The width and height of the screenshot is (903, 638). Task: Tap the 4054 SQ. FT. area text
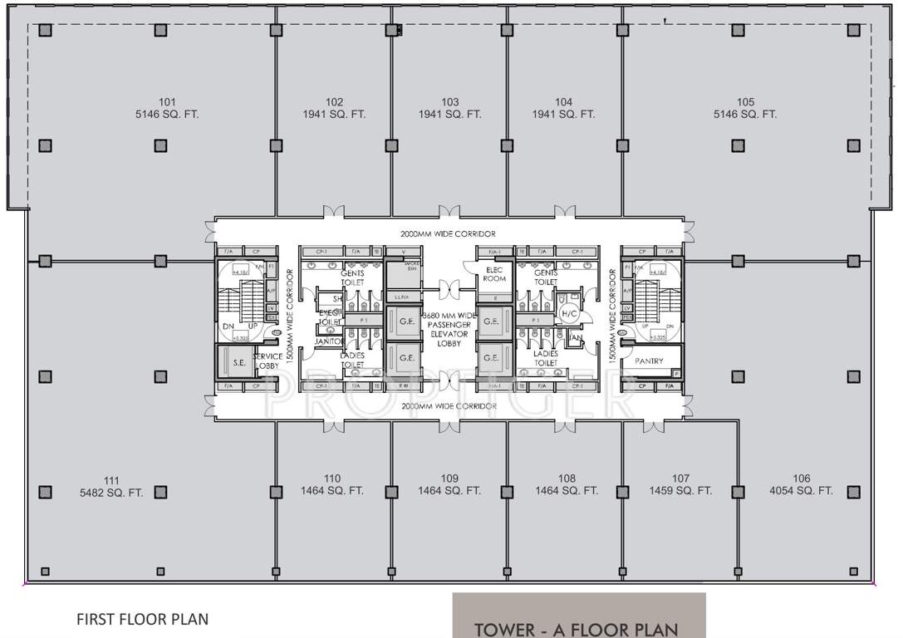(x=801, y=491)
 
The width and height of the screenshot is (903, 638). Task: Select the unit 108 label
(x=567, y=478)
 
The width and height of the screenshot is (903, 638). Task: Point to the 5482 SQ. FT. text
(x=111, y=493)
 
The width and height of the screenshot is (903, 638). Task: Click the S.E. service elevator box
(x=238, y=362)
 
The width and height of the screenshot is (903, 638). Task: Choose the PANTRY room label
(x=649, y=361)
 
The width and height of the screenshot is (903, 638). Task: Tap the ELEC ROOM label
(x=495, y=274)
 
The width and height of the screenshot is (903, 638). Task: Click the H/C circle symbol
(x=569, y=313)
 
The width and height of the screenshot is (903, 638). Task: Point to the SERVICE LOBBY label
(x=267, y=361)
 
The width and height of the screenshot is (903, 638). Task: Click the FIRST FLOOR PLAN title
(x=142, y=619)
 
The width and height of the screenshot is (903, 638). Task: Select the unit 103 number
(x=450, y=102)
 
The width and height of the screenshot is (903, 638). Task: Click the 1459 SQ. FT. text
(x=680, y=491)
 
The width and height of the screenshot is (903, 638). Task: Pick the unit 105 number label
(x=745, y=102)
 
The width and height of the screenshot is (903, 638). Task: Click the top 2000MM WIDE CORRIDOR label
(x=449, y=234)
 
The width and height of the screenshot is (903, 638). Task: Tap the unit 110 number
(x=332, y=478)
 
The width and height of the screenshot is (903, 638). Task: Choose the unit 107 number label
(x=680, y=478)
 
